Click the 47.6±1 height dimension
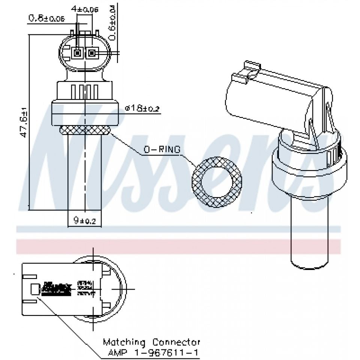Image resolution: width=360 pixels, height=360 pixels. coord(24,123)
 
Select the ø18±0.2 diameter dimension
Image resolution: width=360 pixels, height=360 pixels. coord(142,108)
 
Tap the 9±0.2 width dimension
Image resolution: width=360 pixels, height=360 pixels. coord(85,221)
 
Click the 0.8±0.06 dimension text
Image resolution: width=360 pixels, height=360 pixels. coord(44,18)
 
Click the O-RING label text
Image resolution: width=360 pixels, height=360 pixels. coord(162,150)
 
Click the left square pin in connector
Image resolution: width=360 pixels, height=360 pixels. coord(78,54)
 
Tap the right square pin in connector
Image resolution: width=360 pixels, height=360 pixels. coord(91,54)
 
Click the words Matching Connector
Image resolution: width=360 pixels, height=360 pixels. coord(151,342)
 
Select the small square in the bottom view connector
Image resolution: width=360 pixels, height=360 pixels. coord(34,289)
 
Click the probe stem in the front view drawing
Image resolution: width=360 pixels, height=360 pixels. coord(85,172)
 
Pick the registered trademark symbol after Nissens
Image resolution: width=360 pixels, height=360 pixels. coord(336,140)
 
